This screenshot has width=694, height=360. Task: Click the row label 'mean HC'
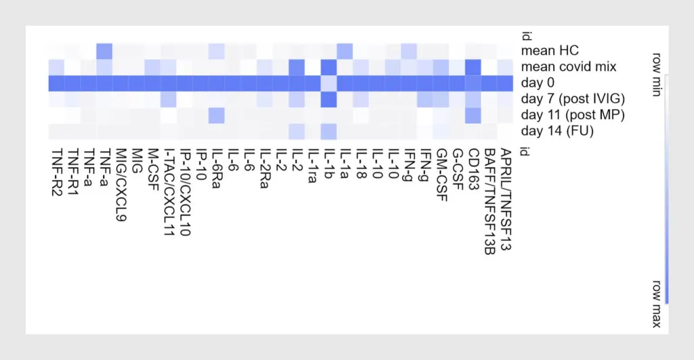(x=550, y=50)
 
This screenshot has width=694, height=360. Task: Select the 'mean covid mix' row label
(x=569, y=67)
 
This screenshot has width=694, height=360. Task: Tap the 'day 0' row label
(x=537, y=83)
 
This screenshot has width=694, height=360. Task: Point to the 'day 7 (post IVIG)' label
(x=573, y=99)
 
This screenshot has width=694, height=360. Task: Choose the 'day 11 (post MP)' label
(x=573, y=115)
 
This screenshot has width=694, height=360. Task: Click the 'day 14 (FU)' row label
(x=557, y=131)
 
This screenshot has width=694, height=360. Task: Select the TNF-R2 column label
(x=56, y=172)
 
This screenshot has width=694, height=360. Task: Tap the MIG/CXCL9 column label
(x=121, y=184)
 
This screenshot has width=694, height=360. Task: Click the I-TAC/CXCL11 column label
(x=169, y=192)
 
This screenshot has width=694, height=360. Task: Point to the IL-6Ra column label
(x=217, y=168)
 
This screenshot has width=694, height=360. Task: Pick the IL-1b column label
(x=329, y=163)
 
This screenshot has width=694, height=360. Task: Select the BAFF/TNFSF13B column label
(x=489, y=201)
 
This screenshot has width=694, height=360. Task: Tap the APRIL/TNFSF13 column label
(x=506, y=199)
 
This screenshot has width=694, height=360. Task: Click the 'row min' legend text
(x=657, y=75)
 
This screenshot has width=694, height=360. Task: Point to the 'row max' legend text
(x=657, y=304)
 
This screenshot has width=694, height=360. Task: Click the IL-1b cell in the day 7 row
(x=329, y=99)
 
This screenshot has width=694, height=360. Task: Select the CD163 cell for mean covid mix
(x=473, y=67)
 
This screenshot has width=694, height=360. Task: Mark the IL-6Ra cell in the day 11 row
(x=216, y=115)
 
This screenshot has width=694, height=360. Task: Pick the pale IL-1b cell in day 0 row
(x=329, y=83)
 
